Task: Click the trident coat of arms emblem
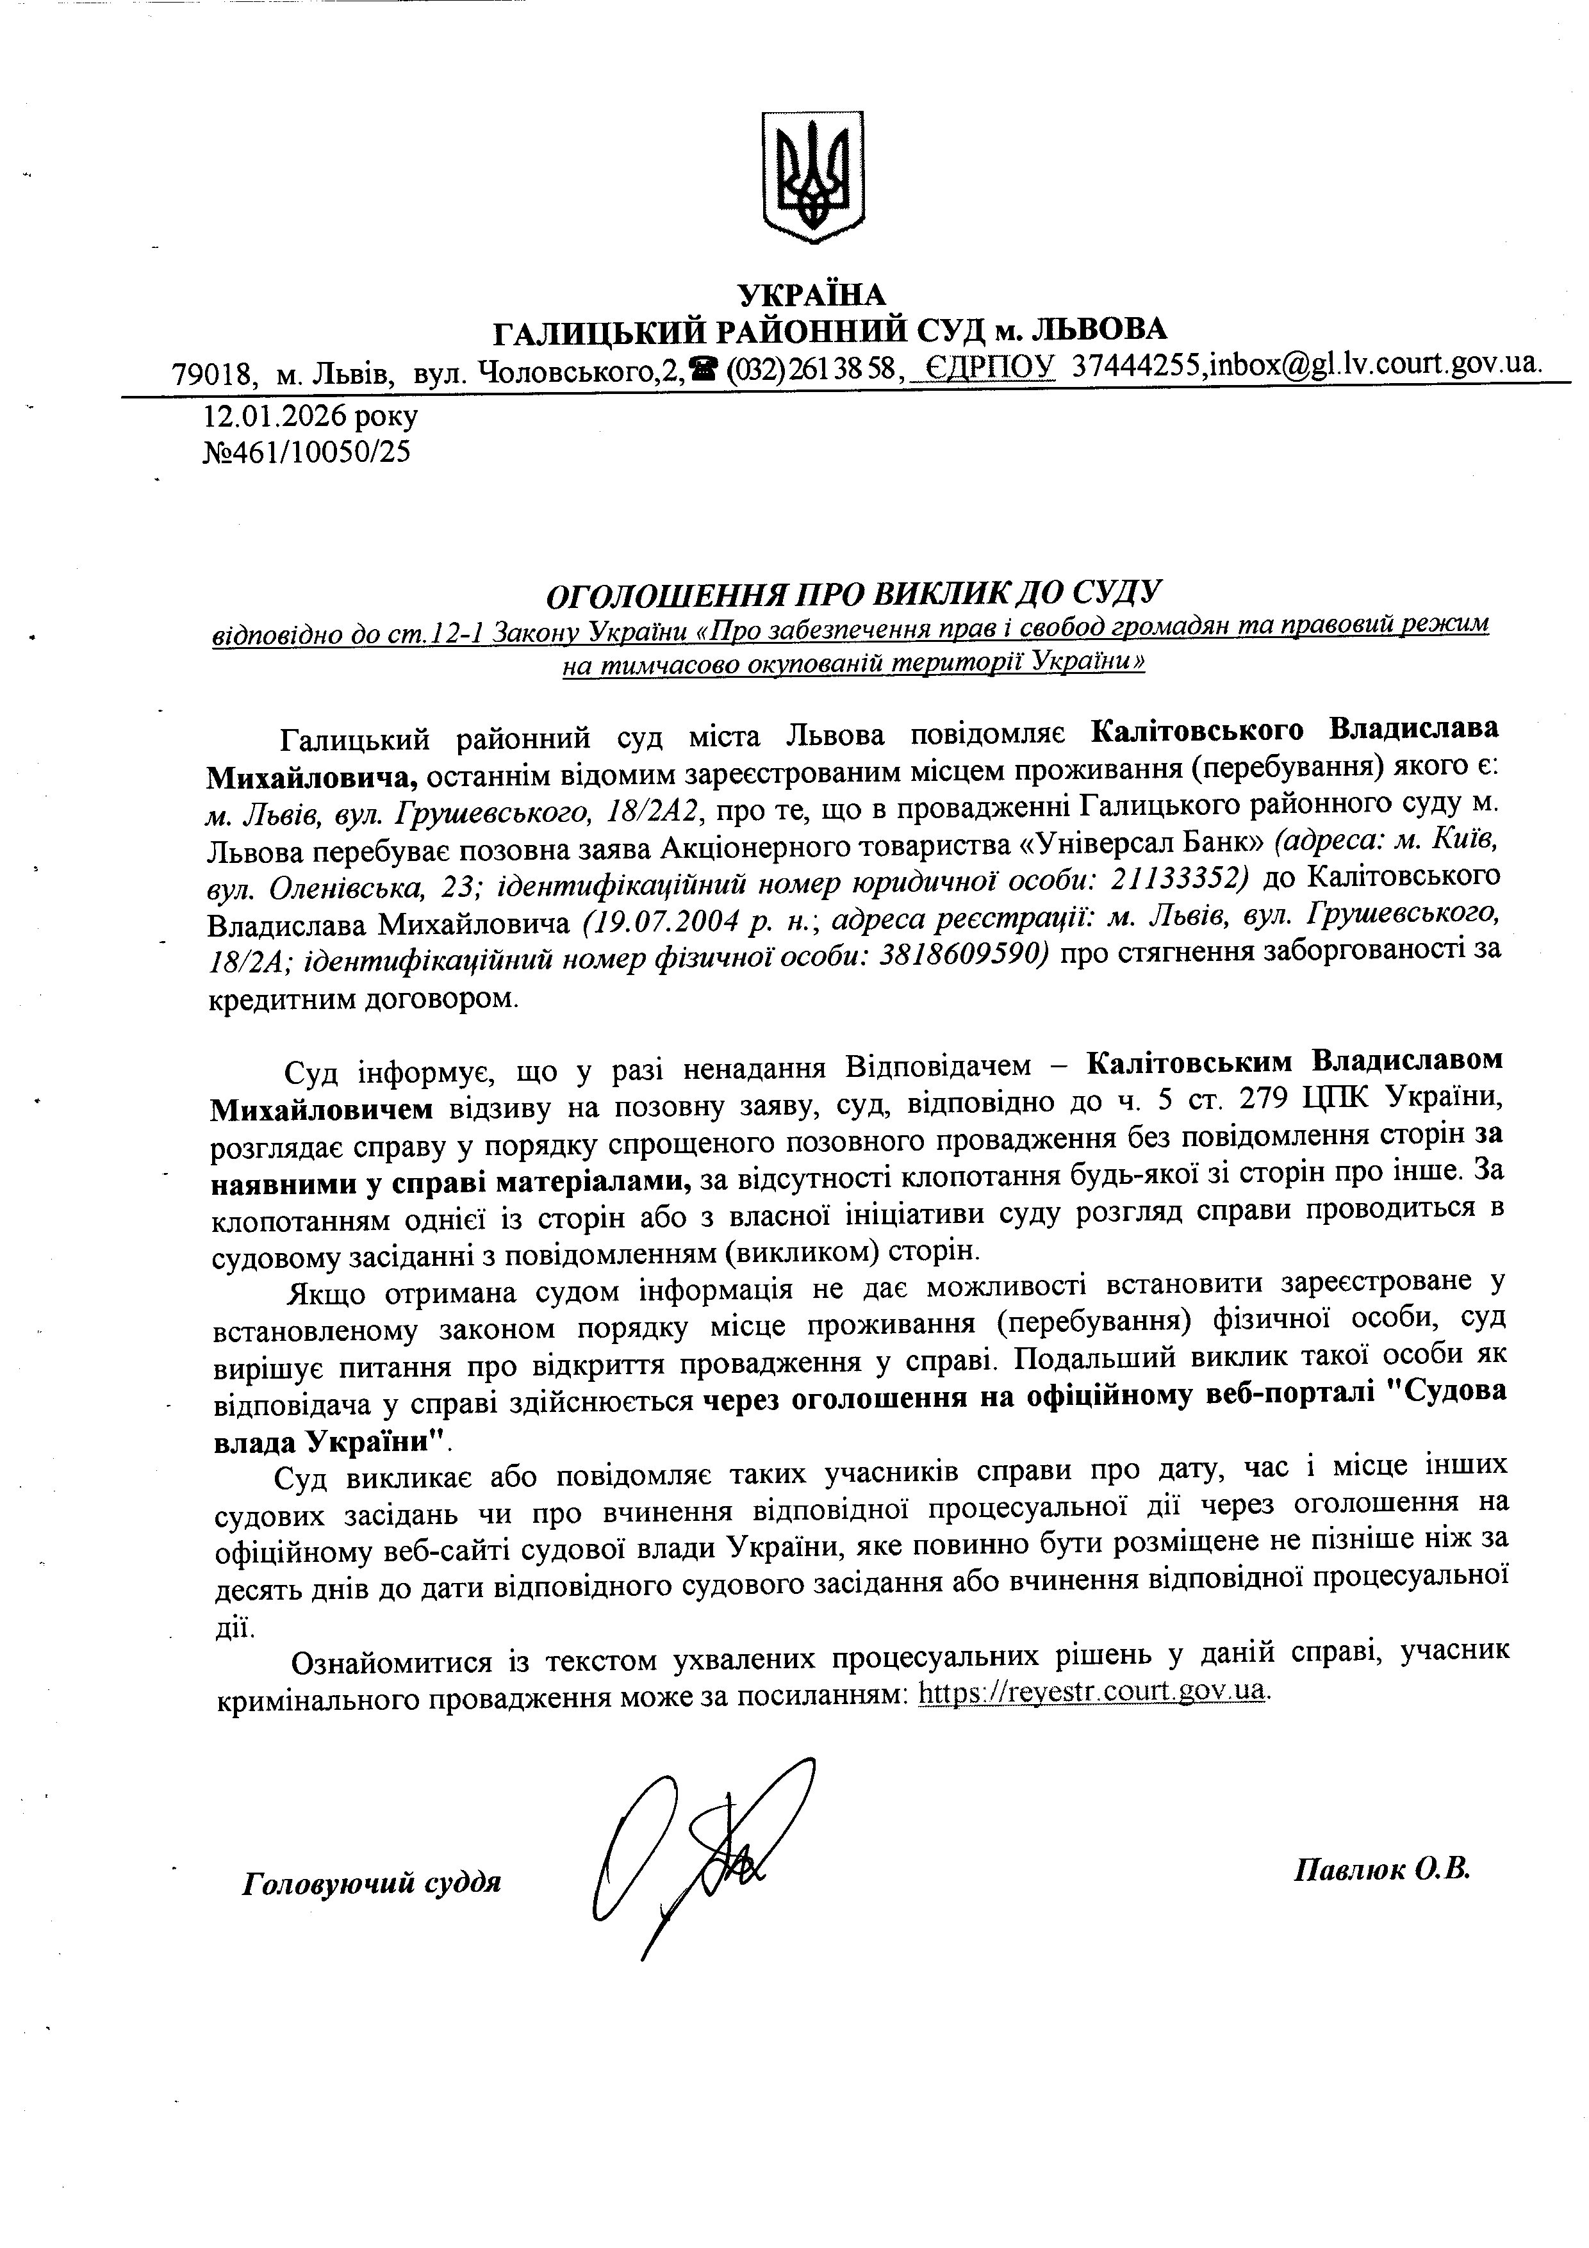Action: tap(812, 176)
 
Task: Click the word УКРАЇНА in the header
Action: tap(812, 293)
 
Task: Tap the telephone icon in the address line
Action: tap(702, 370)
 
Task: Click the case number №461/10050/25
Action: tap(306, 452)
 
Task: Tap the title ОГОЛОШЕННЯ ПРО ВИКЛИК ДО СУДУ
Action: tap(852, 593)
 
